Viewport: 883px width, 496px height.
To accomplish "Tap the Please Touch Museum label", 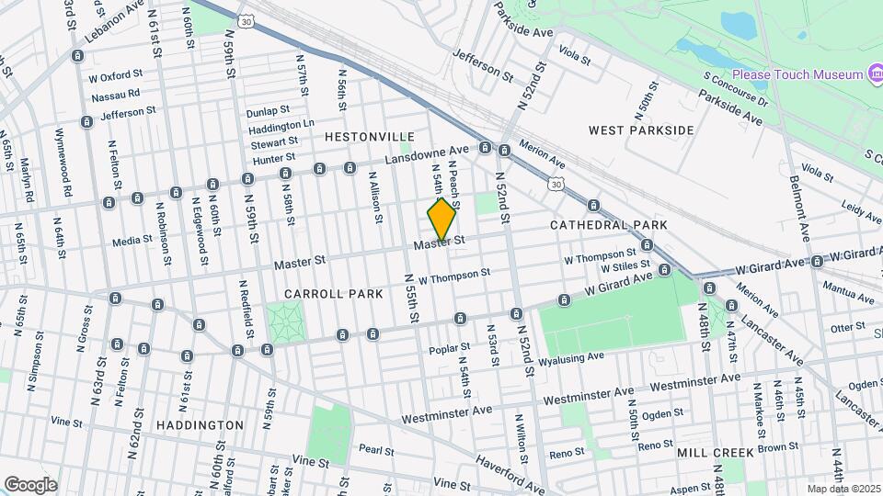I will tap(797, 73).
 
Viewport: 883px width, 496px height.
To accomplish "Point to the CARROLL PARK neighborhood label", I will tap(320, 294).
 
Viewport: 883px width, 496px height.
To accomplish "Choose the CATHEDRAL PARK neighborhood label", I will tap(609, 225).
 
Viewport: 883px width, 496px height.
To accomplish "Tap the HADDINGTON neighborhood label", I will tap(200, 425).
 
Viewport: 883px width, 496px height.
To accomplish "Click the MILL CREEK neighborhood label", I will tap(716, 453).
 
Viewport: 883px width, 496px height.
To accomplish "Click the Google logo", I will tap(30, 485).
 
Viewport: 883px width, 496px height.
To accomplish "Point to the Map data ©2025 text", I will tap(842, 489).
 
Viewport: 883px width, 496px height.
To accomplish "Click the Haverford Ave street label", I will tap(509, 468).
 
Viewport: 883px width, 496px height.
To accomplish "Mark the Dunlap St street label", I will tap(268, 112).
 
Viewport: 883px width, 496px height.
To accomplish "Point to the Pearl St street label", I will tap(376, 451).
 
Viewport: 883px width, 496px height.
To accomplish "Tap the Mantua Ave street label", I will tap(852, 297).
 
